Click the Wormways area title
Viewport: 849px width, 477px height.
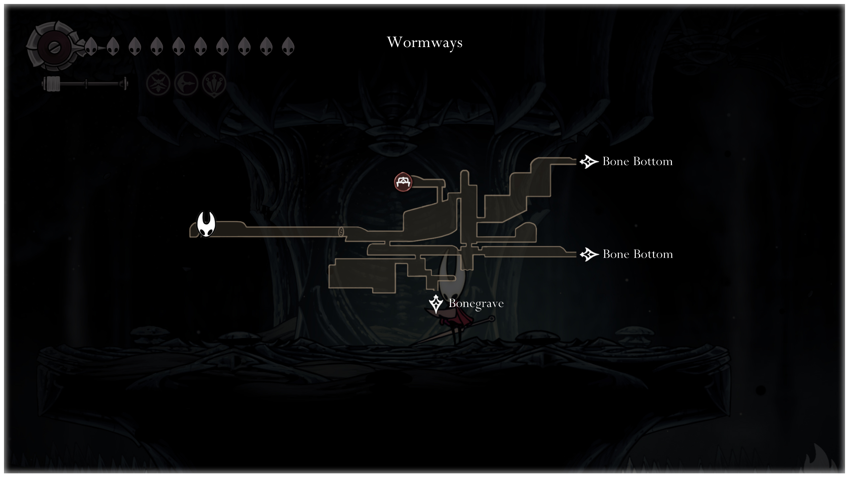[424, 42]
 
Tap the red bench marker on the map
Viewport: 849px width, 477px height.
[403, 182]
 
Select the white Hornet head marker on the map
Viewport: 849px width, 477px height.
[206, 224]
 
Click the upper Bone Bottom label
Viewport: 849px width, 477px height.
[637, 162]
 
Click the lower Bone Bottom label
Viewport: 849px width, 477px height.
[637, 254]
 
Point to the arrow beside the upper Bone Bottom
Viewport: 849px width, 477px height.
[589, 162]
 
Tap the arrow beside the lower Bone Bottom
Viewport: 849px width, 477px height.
[589, 254]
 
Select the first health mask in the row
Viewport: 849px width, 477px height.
[91, 46]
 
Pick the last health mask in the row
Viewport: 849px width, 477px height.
[288, 46]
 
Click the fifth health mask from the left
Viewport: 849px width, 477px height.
[178, 46]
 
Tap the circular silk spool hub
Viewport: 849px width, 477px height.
[52, 47]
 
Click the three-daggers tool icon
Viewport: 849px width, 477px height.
[214, 83]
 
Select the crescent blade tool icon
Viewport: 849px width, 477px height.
[186, 83]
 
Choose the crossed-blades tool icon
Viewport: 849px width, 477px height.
[158, 83]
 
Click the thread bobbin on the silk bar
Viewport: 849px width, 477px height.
[51, 84]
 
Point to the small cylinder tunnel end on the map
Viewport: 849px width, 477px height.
[341, 232]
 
